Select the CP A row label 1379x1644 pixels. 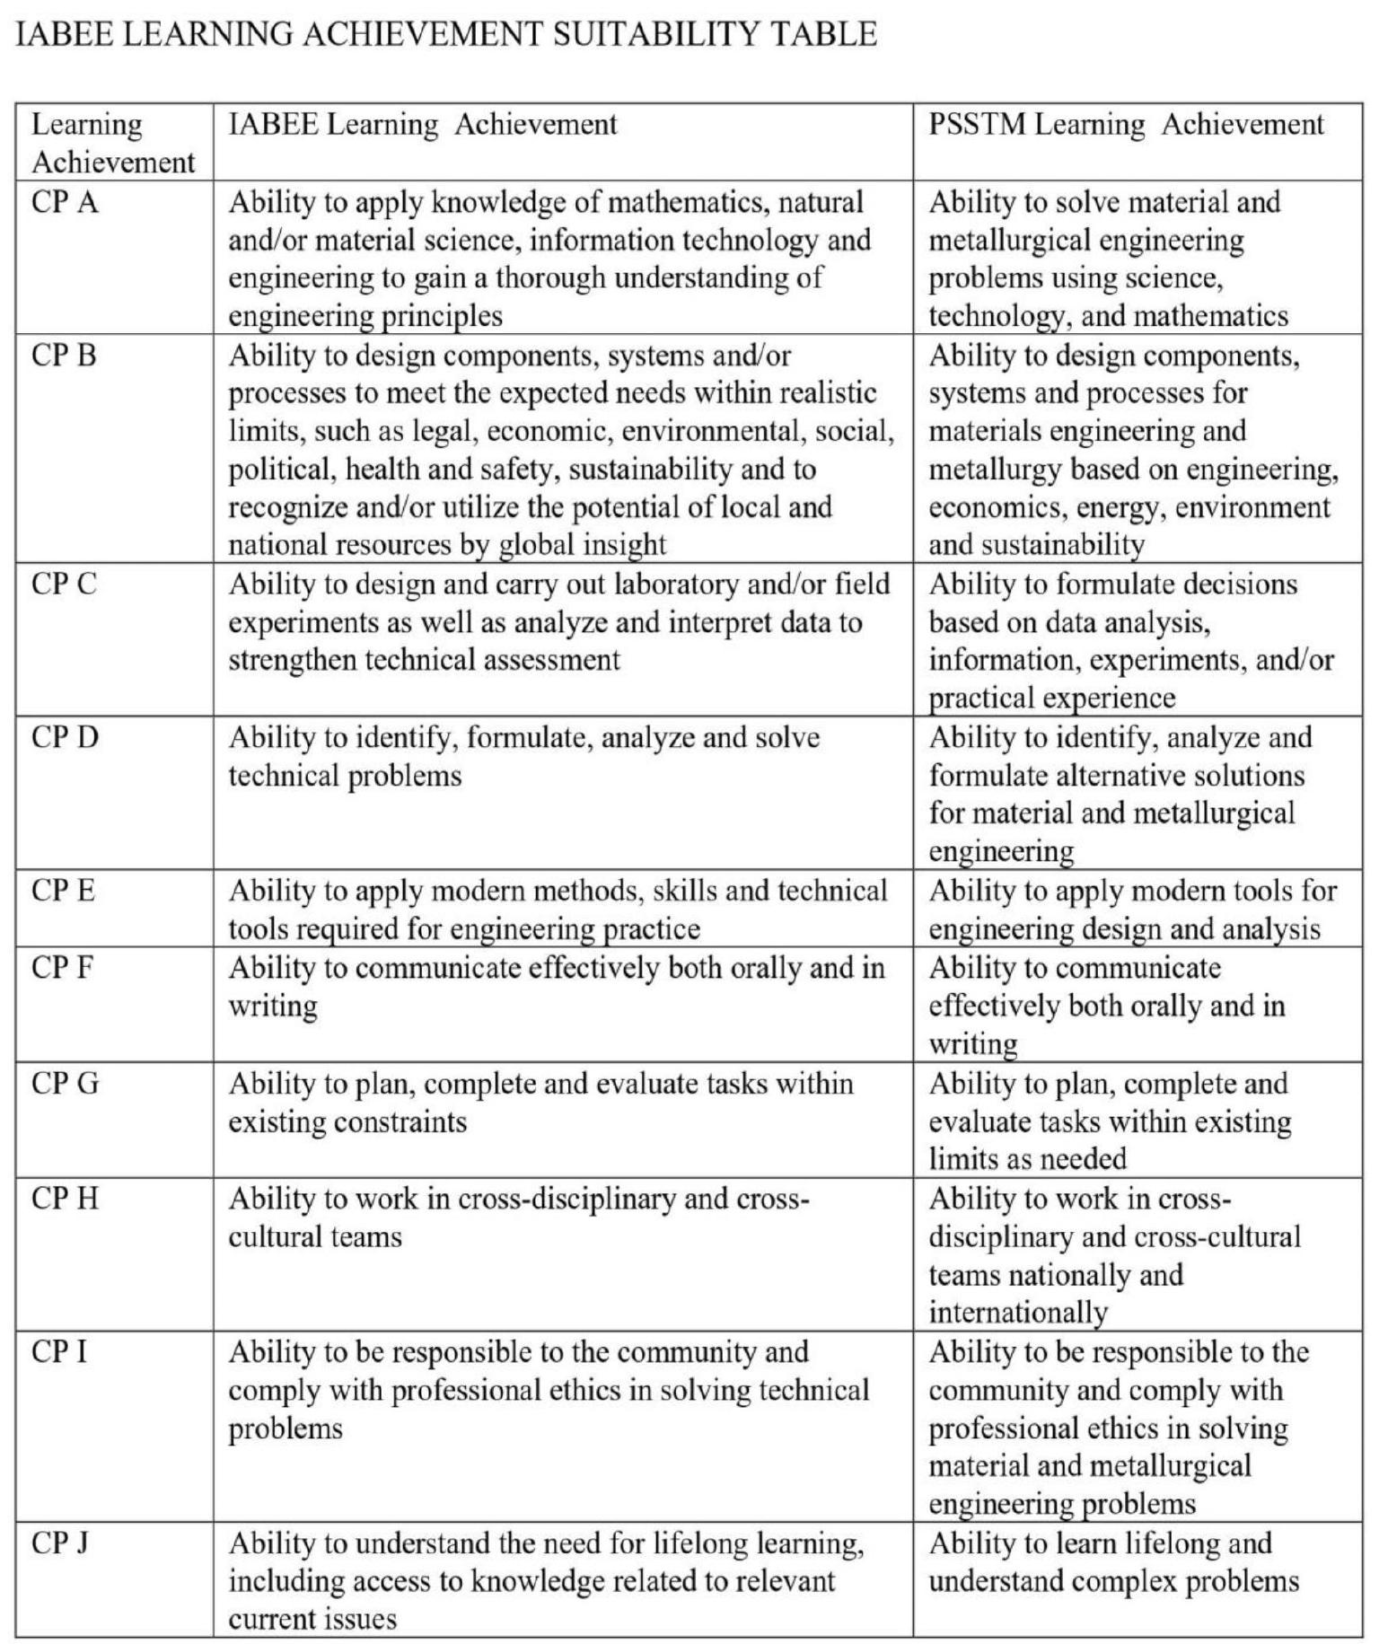point(65,202)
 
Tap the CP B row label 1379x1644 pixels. point(64,356)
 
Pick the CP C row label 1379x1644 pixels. point(64,585)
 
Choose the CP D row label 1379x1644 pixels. point(65,738)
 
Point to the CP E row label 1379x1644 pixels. point(63,891)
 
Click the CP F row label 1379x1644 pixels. point(62,968)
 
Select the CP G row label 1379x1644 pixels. point(65,1084)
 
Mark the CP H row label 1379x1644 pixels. point(65,1199)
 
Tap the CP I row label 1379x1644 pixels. point(59,1352)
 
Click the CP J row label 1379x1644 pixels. point(60,1543)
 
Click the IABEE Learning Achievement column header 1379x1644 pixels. point(423,124)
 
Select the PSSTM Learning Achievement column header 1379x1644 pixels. point(1126,124)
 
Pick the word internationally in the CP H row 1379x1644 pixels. point(1018,1314)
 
